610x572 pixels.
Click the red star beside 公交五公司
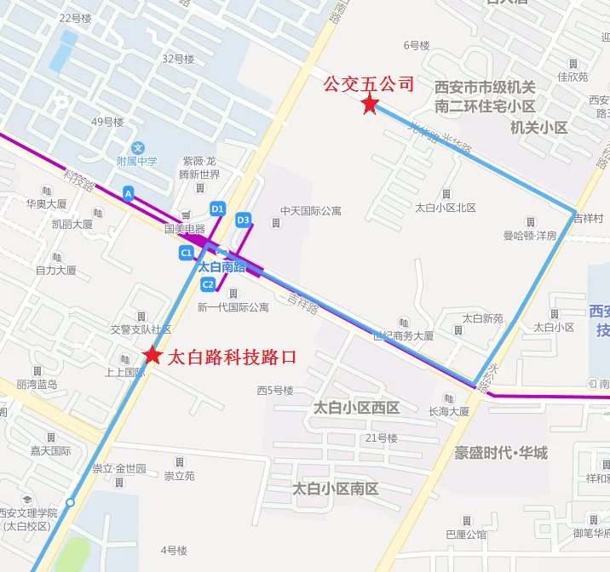(x=370, y=105)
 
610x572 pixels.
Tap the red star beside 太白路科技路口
(x=152, y=356)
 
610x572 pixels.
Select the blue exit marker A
(x=129, y=194)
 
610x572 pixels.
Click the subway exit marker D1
(x=217, y=209)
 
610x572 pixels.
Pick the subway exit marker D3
(x=243, y=220)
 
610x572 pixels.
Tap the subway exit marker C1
(x=186, y=253)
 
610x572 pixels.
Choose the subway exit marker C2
(x=207, y=283)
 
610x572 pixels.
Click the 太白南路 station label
(x=222, y=266)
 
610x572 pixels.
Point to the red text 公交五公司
(x=368, y=84)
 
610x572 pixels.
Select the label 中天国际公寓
(x=310, y=210)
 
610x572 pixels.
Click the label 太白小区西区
(x=356, y=408)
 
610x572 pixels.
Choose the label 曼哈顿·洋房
(x=529, y=235)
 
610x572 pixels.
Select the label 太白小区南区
(x=335, y=489)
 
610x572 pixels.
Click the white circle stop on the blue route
(x=71, y=502)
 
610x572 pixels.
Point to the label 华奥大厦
(x=46, y=204)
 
